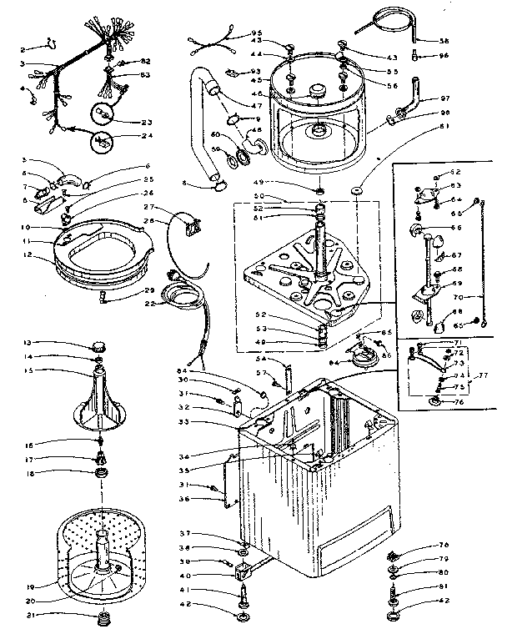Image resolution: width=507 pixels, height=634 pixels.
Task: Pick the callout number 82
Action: click(145, 63)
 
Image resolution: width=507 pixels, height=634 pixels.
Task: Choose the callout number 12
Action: click(28, 254)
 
